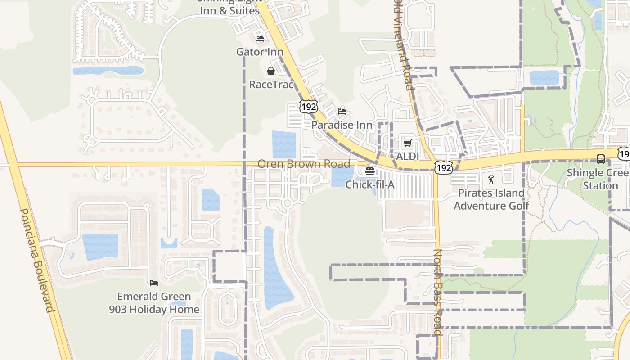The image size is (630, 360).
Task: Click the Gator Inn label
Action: [x=260, y=52]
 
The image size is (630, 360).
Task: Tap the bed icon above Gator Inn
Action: [x=260, y=39]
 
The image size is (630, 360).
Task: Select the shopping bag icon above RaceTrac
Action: [x=271, y=71]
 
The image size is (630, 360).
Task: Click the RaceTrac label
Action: [x=271, y=85]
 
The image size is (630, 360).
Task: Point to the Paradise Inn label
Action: [x=342, y=125]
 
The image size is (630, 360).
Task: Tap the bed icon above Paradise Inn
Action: [x=342, y=112]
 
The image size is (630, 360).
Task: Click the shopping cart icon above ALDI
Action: [x=407, y=143]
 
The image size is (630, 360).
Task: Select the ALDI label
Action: [x=407, y=157]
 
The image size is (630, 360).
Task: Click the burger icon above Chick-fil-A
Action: [x=370, y=171]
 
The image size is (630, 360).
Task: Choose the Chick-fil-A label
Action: [x=370, y=184]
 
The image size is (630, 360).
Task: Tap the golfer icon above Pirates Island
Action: [x=491, y=180]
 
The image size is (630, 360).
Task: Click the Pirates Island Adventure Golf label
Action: [x=491, y=199]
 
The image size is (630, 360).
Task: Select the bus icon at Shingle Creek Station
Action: [x=600, y=159]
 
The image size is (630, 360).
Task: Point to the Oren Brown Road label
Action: [x=304, y=164]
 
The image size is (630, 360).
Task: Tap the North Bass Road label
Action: [x=438, y=292]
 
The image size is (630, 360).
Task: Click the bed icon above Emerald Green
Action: [x=154, y=283]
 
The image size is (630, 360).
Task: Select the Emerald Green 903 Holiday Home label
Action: [x=154, y=303]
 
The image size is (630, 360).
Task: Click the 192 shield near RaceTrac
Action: [x=308, y=107]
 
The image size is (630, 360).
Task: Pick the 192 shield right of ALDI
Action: [x=443, y=167]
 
